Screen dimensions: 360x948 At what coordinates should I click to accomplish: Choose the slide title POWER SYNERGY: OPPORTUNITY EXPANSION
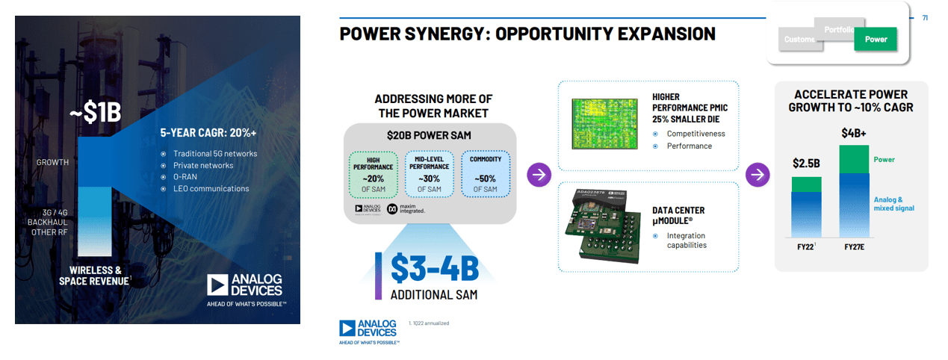(x=527, y=34)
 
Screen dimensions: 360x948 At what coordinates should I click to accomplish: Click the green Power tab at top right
(x=876, y=39)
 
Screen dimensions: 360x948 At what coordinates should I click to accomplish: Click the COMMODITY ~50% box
(x=485, y=175)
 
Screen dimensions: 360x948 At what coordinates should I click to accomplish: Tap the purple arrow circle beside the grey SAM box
(x=539, y=175)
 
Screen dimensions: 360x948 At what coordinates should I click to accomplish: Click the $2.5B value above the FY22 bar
(x=806, y=164)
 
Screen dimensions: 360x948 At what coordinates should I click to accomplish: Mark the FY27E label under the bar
(x=854, y=246)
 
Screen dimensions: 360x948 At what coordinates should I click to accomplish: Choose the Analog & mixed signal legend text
(x=893, y=204)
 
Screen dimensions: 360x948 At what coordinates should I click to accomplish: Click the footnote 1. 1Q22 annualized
(x=429, y=323)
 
